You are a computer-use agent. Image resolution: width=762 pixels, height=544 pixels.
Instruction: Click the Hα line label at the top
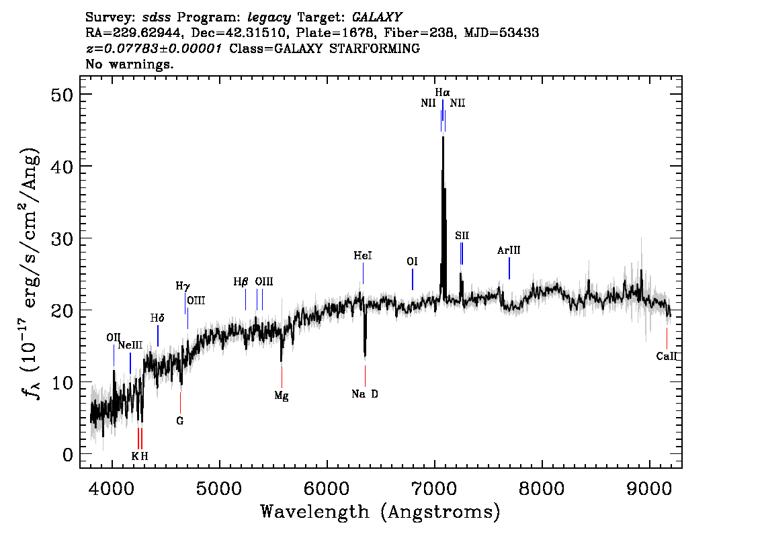[x=442, y=92]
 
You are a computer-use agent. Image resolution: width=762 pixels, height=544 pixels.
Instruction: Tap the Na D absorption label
[x=365, y=394]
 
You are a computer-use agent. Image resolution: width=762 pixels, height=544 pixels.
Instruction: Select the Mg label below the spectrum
[x=282, y=396]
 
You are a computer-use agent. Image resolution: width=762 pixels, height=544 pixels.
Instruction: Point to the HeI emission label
[x=363, y=256]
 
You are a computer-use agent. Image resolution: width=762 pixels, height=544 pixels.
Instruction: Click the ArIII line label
[x=509, y=251]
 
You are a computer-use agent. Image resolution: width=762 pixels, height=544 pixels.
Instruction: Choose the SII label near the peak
[x=462, y=236]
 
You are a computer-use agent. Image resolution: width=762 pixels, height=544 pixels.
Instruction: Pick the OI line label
[x=413, y=261]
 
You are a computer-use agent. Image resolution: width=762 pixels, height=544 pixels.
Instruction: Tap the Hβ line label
[x=241, y=282]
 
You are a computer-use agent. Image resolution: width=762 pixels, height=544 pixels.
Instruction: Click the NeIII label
[x=130, y=345]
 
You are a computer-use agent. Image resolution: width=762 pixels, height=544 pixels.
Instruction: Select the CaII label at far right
[x=666, y=357]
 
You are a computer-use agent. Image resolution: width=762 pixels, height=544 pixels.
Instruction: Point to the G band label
[x=179, y=421]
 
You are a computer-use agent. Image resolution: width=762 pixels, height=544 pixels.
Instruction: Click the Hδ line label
[x=157, y=318]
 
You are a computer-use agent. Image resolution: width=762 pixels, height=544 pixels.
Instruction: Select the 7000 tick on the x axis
[x=435, y=487]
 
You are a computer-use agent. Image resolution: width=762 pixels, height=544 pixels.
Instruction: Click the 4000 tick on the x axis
[x=112, y=487]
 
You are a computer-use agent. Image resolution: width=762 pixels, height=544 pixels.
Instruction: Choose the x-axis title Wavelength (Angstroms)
[x=380, y=512]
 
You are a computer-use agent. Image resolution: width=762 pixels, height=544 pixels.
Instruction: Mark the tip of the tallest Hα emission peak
[x=443, y=137]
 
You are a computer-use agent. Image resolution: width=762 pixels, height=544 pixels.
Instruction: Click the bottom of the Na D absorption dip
[x=365, y=355]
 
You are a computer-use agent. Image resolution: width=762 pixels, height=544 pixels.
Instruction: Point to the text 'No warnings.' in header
[x=130, y=64]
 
